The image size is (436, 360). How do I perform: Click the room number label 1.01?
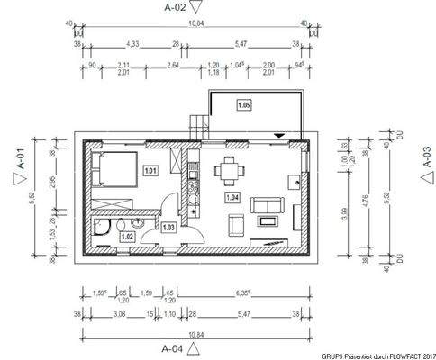click(150, 170)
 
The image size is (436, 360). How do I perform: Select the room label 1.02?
click(127, 237)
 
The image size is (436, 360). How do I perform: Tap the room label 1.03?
click(168, 227)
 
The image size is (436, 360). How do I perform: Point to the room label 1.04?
click(232, 195)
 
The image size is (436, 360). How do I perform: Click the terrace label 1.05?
click(243, 105)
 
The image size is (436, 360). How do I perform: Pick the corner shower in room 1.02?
click(101, 226)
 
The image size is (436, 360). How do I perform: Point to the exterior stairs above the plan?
click(196, 126)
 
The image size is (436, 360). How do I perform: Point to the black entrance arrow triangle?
click(281, 136)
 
